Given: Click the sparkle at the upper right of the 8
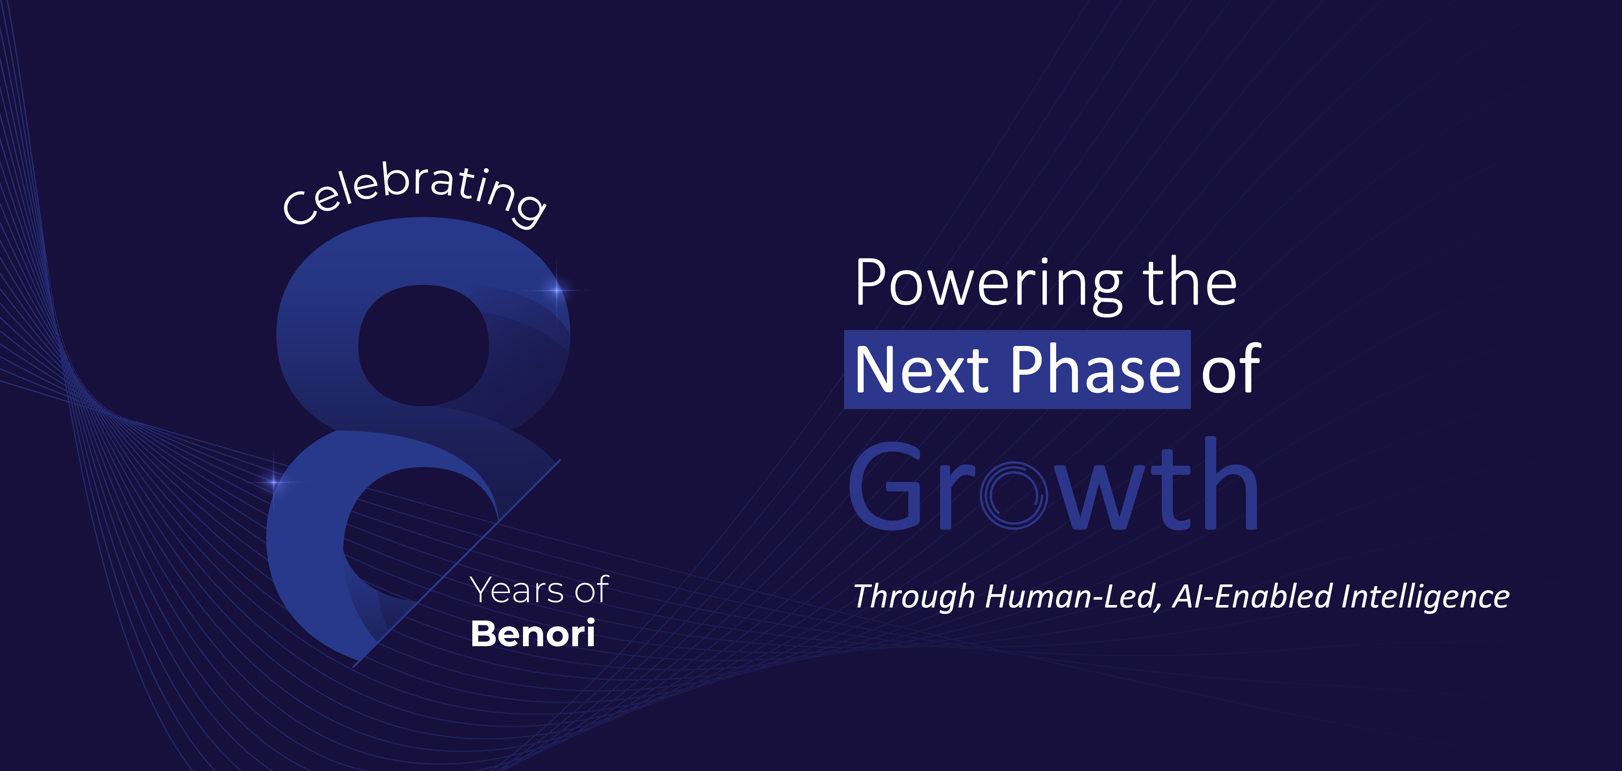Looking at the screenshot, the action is coord(557,290).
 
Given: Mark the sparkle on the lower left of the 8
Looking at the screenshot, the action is coord(274,482).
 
